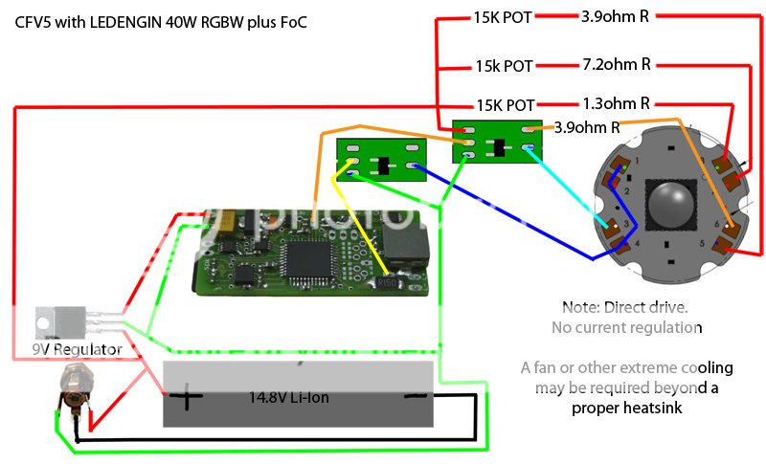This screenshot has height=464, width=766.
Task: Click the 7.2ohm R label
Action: click(x=616, y=65)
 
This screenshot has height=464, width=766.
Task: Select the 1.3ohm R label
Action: click(x=616, y=102)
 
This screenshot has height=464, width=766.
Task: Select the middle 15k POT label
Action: click(x=505, y=67)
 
